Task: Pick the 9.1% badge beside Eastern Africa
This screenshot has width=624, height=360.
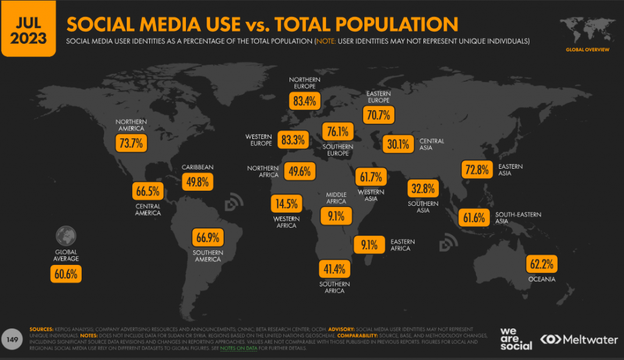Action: (369, 245)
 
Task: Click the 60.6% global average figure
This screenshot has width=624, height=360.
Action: (65, 274)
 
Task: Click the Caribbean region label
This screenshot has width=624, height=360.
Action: (197, 167)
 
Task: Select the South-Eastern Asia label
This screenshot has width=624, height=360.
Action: (519, 218)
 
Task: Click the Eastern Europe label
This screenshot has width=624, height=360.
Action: (378, 96)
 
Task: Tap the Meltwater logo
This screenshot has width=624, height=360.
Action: (579, 339)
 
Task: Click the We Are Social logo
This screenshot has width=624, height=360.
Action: (516, 339)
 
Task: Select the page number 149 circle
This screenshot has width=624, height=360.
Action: (12, 339)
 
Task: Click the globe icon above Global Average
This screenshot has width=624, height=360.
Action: (65, 235)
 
